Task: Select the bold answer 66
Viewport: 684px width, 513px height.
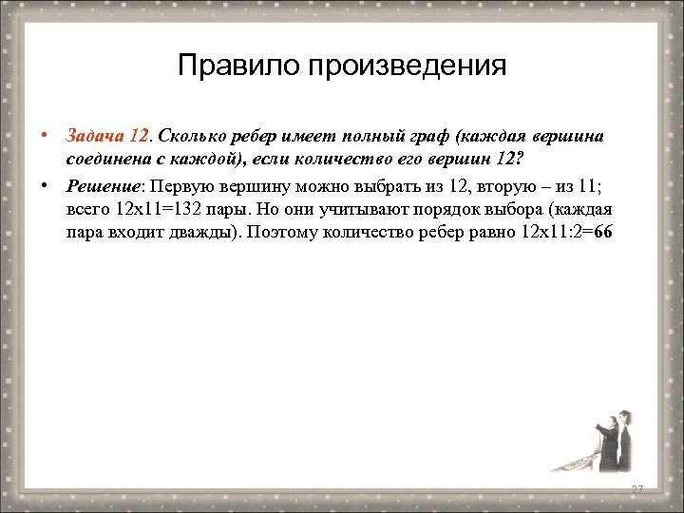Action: [603, 234]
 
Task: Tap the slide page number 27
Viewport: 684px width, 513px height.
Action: [637, 488]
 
